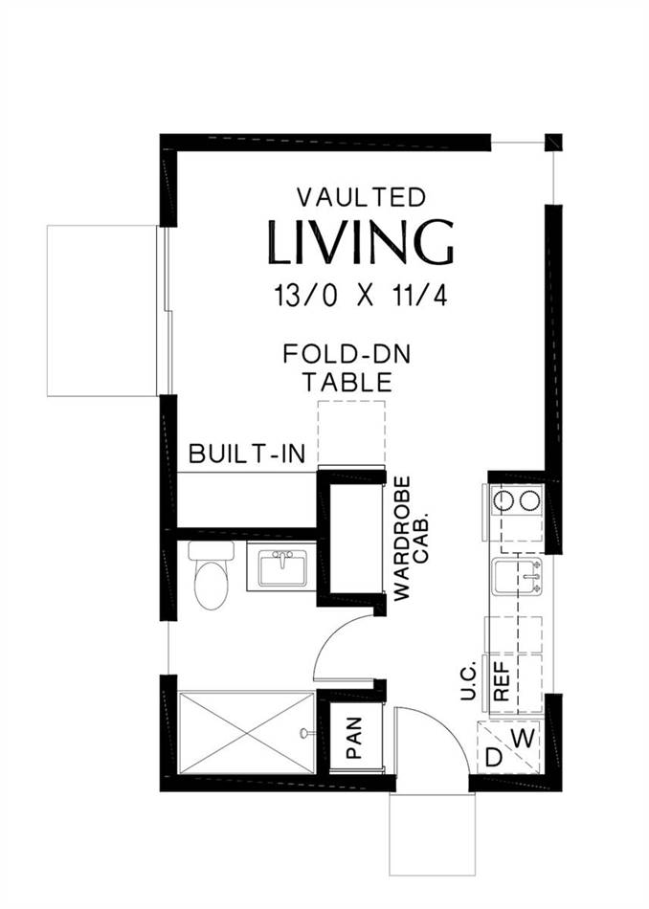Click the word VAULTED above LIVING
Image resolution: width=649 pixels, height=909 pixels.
tap(361, 198)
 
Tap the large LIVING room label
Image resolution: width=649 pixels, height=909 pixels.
tap(360, 242)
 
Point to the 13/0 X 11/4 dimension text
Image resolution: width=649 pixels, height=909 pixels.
tap(361, 297)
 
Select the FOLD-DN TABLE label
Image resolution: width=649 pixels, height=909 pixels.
tap(347, 368)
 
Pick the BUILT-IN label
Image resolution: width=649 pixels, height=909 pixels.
tap(247, 454)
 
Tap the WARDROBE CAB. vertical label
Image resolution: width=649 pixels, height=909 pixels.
tap(409, 538)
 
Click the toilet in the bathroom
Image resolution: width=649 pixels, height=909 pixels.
tap(211, 574)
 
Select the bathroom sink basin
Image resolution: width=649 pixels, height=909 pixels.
tap(282, 568)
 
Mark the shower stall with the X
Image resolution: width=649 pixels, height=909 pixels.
tap(246, 732)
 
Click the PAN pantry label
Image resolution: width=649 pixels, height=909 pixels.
tap(353, 738)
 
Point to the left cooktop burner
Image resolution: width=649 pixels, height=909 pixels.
tap(502, 500)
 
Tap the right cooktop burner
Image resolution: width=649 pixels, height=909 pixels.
tap(529, 500)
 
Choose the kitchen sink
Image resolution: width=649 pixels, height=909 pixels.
tap(517, 577)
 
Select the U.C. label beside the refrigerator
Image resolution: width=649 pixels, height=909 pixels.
tap(468, 679)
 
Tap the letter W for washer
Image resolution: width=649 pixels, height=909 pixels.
tap(524, 739)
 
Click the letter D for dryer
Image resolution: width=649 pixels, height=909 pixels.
tap(494, 758)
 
